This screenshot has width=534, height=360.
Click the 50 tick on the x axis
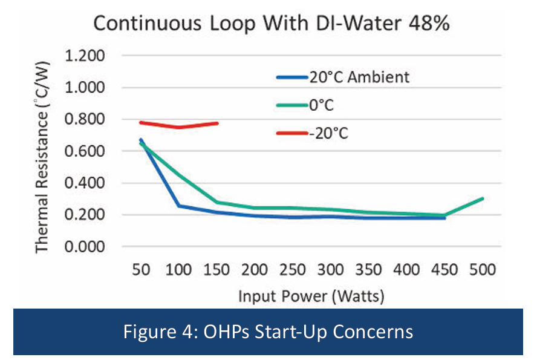[142, 270]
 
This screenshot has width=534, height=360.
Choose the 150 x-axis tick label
[218, 270]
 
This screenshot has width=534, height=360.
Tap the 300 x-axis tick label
[332, 270]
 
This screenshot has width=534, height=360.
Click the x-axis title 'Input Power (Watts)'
[312, 296]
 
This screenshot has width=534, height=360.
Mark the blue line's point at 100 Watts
[180, 206]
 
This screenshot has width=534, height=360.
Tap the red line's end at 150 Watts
[218, 123]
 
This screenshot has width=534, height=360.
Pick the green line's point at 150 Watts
[218, 202]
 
